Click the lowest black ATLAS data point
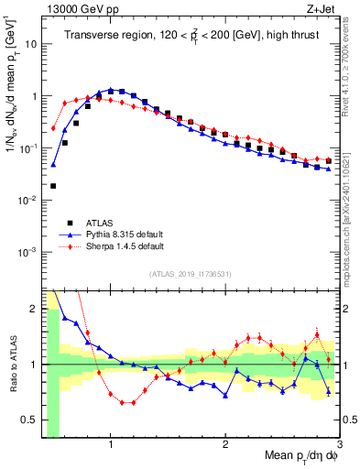point(53,186)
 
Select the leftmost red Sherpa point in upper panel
point(53,129)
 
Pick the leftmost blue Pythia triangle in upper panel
point(53,165)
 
